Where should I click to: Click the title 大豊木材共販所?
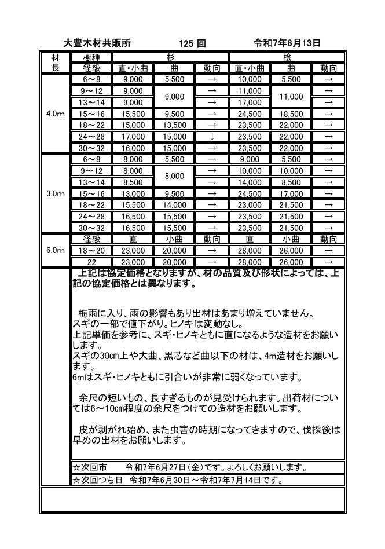pos(97,43)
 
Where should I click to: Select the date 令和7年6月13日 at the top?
pos(287,43)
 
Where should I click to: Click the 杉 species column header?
pos(171,57)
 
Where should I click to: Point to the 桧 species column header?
pos(288,57)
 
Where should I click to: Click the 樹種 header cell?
pos(92,57)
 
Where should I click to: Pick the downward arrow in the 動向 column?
pos(212,137)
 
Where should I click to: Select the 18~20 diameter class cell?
pos(92,251)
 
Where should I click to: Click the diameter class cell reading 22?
pos(92,262)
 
